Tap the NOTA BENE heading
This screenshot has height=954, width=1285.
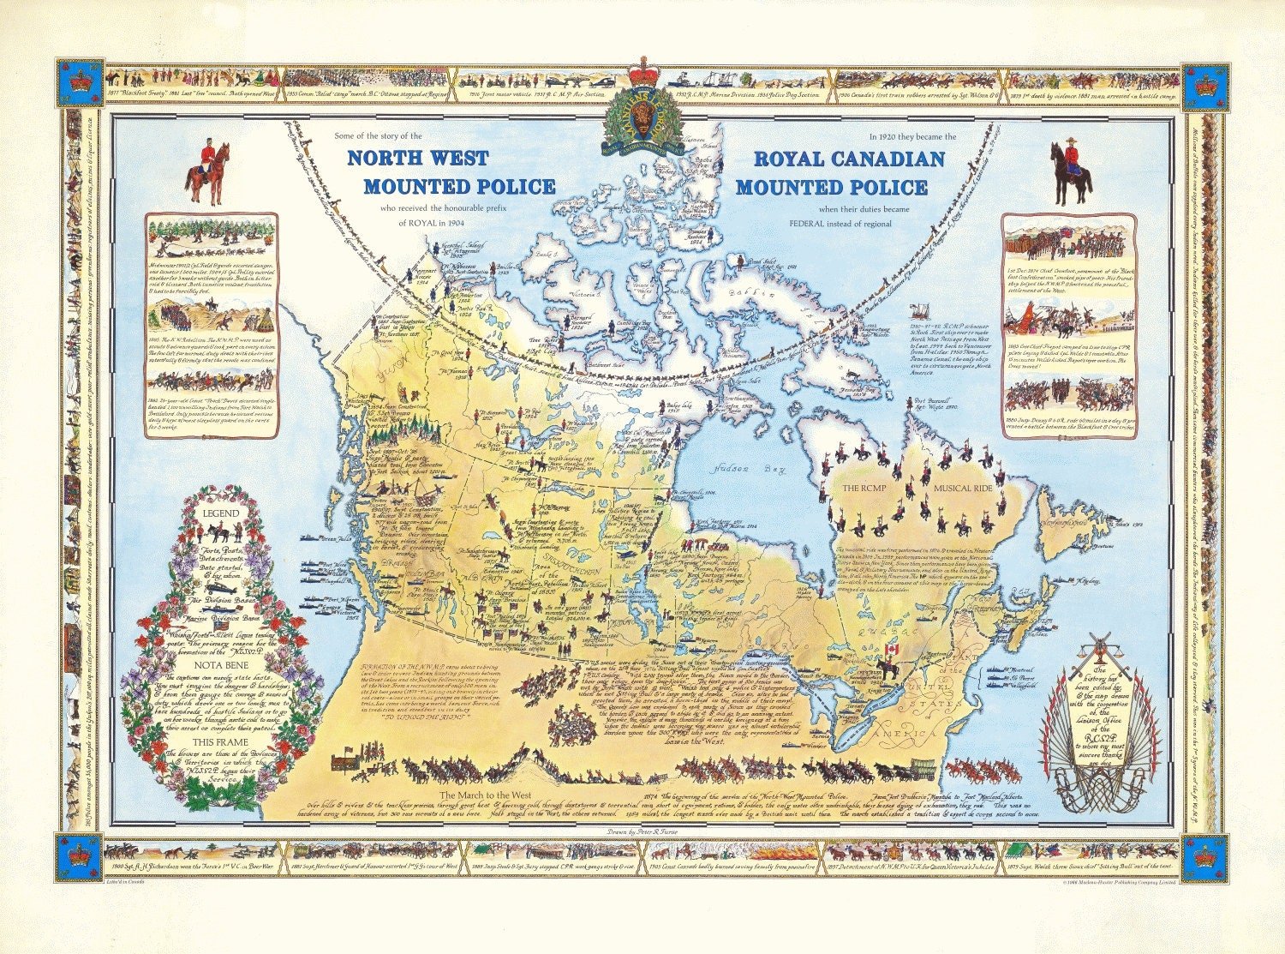pyautogui.click(x=220, y=663)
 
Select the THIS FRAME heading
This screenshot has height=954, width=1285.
pyautogui.click(x=220, y=742)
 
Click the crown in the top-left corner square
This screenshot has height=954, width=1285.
pyautogui.click(x=80, y=84)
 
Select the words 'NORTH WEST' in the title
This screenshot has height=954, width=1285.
pyautogui.click(x=417, y=159)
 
